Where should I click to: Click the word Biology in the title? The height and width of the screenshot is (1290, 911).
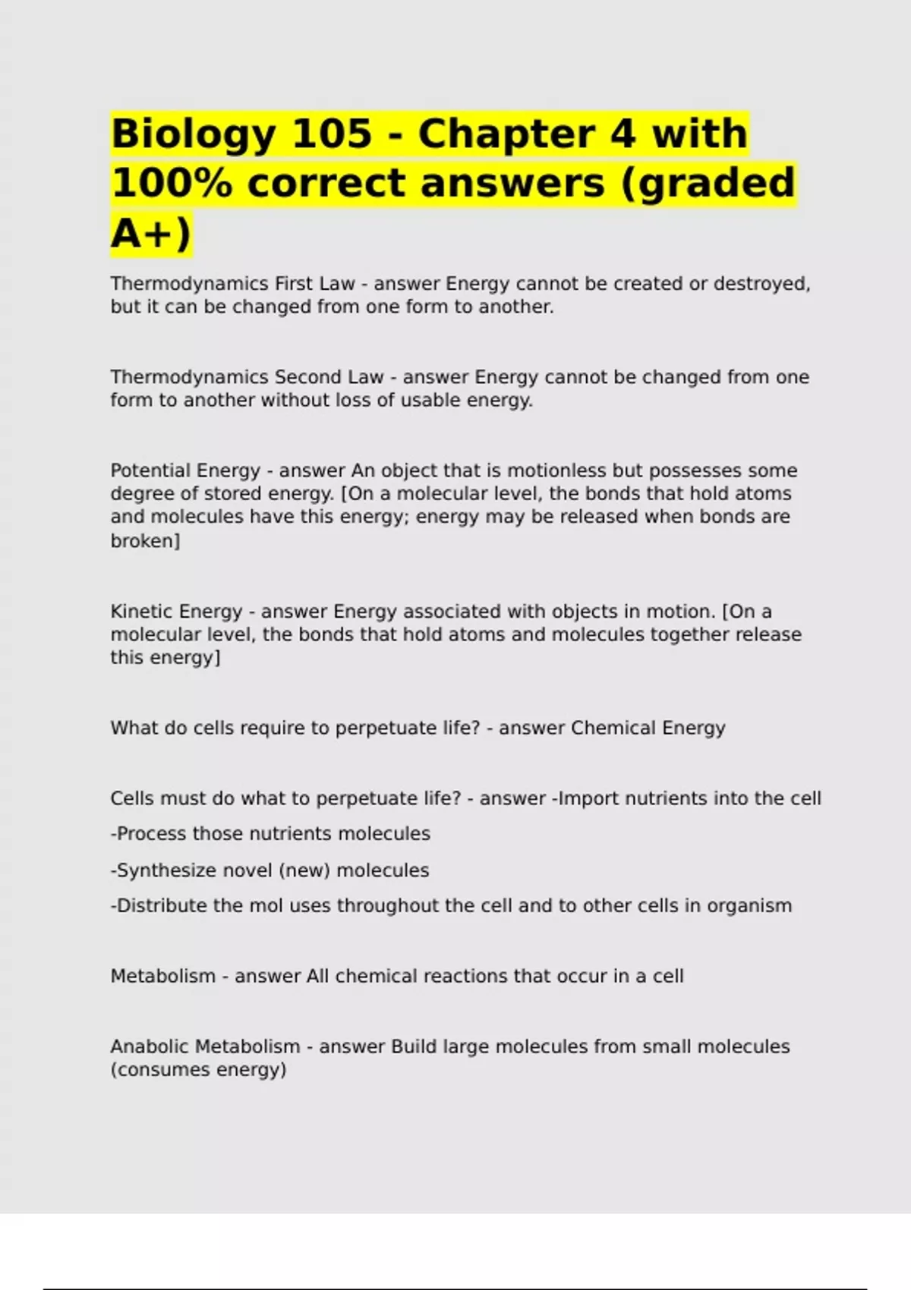tap(193, 134)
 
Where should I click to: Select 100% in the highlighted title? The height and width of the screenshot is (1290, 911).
tap(172, 184)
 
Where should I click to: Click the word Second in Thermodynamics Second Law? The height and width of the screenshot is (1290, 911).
tap(307, 377)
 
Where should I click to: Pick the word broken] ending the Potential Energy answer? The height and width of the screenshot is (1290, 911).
tap(145, 541)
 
